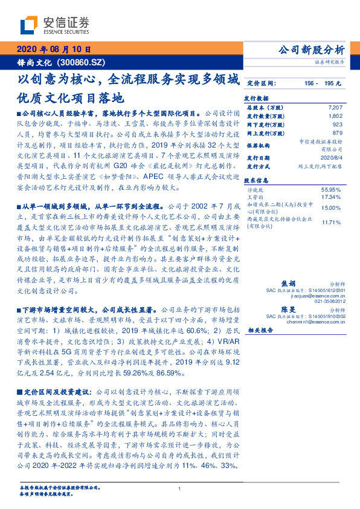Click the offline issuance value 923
tap(337, 123)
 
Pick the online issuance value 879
tap(337, 132)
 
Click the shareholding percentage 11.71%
tap(333, 222)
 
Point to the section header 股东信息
tap(256, 181)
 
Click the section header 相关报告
tap(260, 330)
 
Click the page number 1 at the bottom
tap(180, 488)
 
